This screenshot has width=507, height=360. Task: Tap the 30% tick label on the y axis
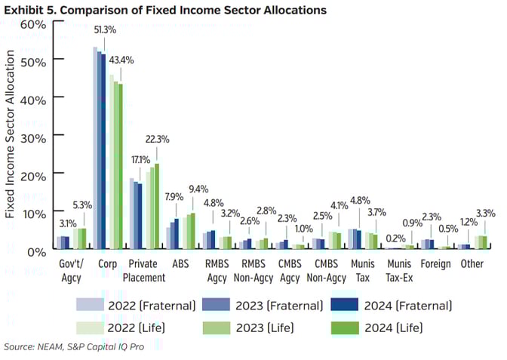(34, 137)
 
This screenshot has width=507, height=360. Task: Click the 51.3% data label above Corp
(104, 29)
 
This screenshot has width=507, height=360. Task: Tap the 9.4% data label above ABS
(198, 188)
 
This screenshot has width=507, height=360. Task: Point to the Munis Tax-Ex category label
(399, 271)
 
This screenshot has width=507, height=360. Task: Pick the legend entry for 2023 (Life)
(253, 328)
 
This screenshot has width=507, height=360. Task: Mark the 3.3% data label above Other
(487, 213)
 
